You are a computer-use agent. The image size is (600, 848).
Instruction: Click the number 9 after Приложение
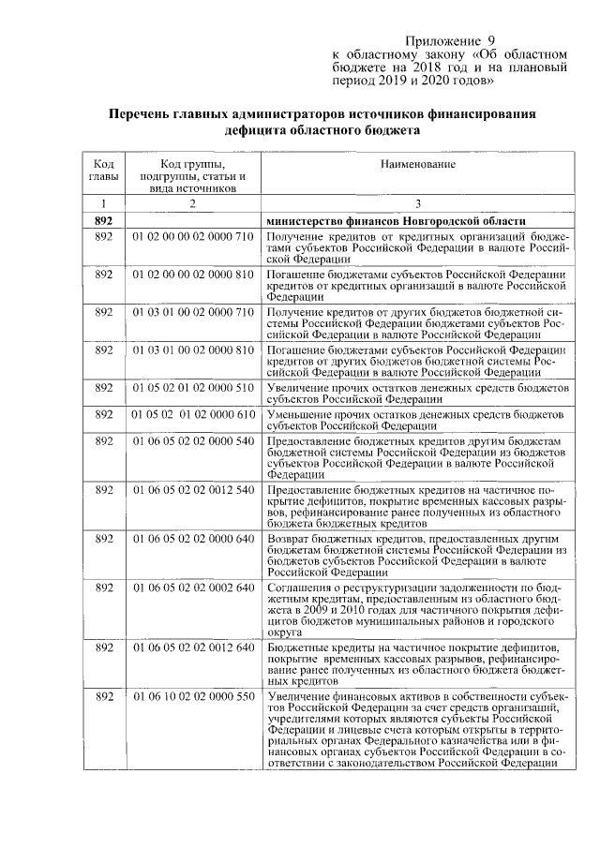488,41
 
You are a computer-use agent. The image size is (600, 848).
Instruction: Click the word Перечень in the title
142,114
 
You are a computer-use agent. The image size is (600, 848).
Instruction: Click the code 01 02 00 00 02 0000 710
193,237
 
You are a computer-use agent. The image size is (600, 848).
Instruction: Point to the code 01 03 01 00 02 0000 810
193,349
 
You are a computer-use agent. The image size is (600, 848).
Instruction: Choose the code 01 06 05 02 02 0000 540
193,439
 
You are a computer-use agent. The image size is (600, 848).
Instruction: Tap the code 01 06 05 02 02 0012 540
193,490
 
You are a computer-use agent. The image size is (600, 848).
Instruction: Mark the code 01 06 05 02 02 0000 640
193,539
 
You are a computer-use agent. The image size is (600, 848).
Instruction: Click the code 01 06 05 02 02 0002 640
193,588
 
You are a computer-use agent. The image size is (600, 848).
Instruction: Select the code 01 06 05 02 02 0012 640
193,648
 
